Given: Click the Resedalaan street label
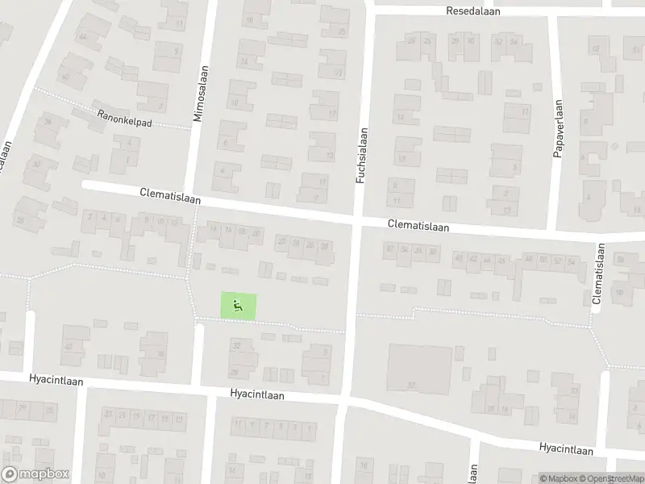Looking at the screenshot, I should click(475, 11).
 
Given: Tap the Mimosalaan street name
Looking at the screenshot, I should click(198, 94).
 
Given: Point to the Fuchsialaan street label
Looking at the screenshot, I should click(362, 154).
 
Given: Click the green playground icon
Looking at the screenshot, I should click(238, 305).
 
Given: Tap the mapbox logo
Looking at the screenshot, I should click(35, 474).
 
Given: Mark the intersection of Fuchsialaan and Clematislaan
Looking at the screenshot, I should click(356, 219).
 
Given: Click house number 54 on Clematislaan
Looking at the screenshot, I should click(571, 261).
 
